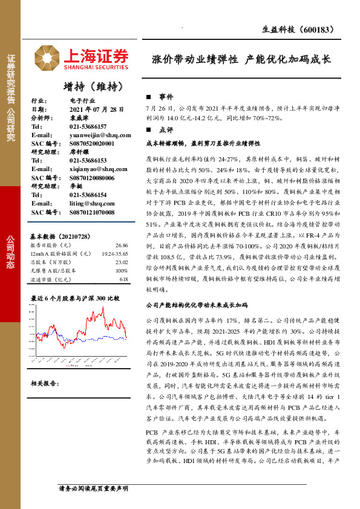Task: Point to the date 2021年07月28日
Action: tap(96, 109)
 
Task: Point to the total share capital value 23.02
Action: tap(122, 262)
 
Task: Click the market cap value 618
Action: tap(123, 279)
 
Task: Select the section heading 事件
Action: tap(166, 97)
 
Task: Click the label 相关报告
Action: tap(44, 383)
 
